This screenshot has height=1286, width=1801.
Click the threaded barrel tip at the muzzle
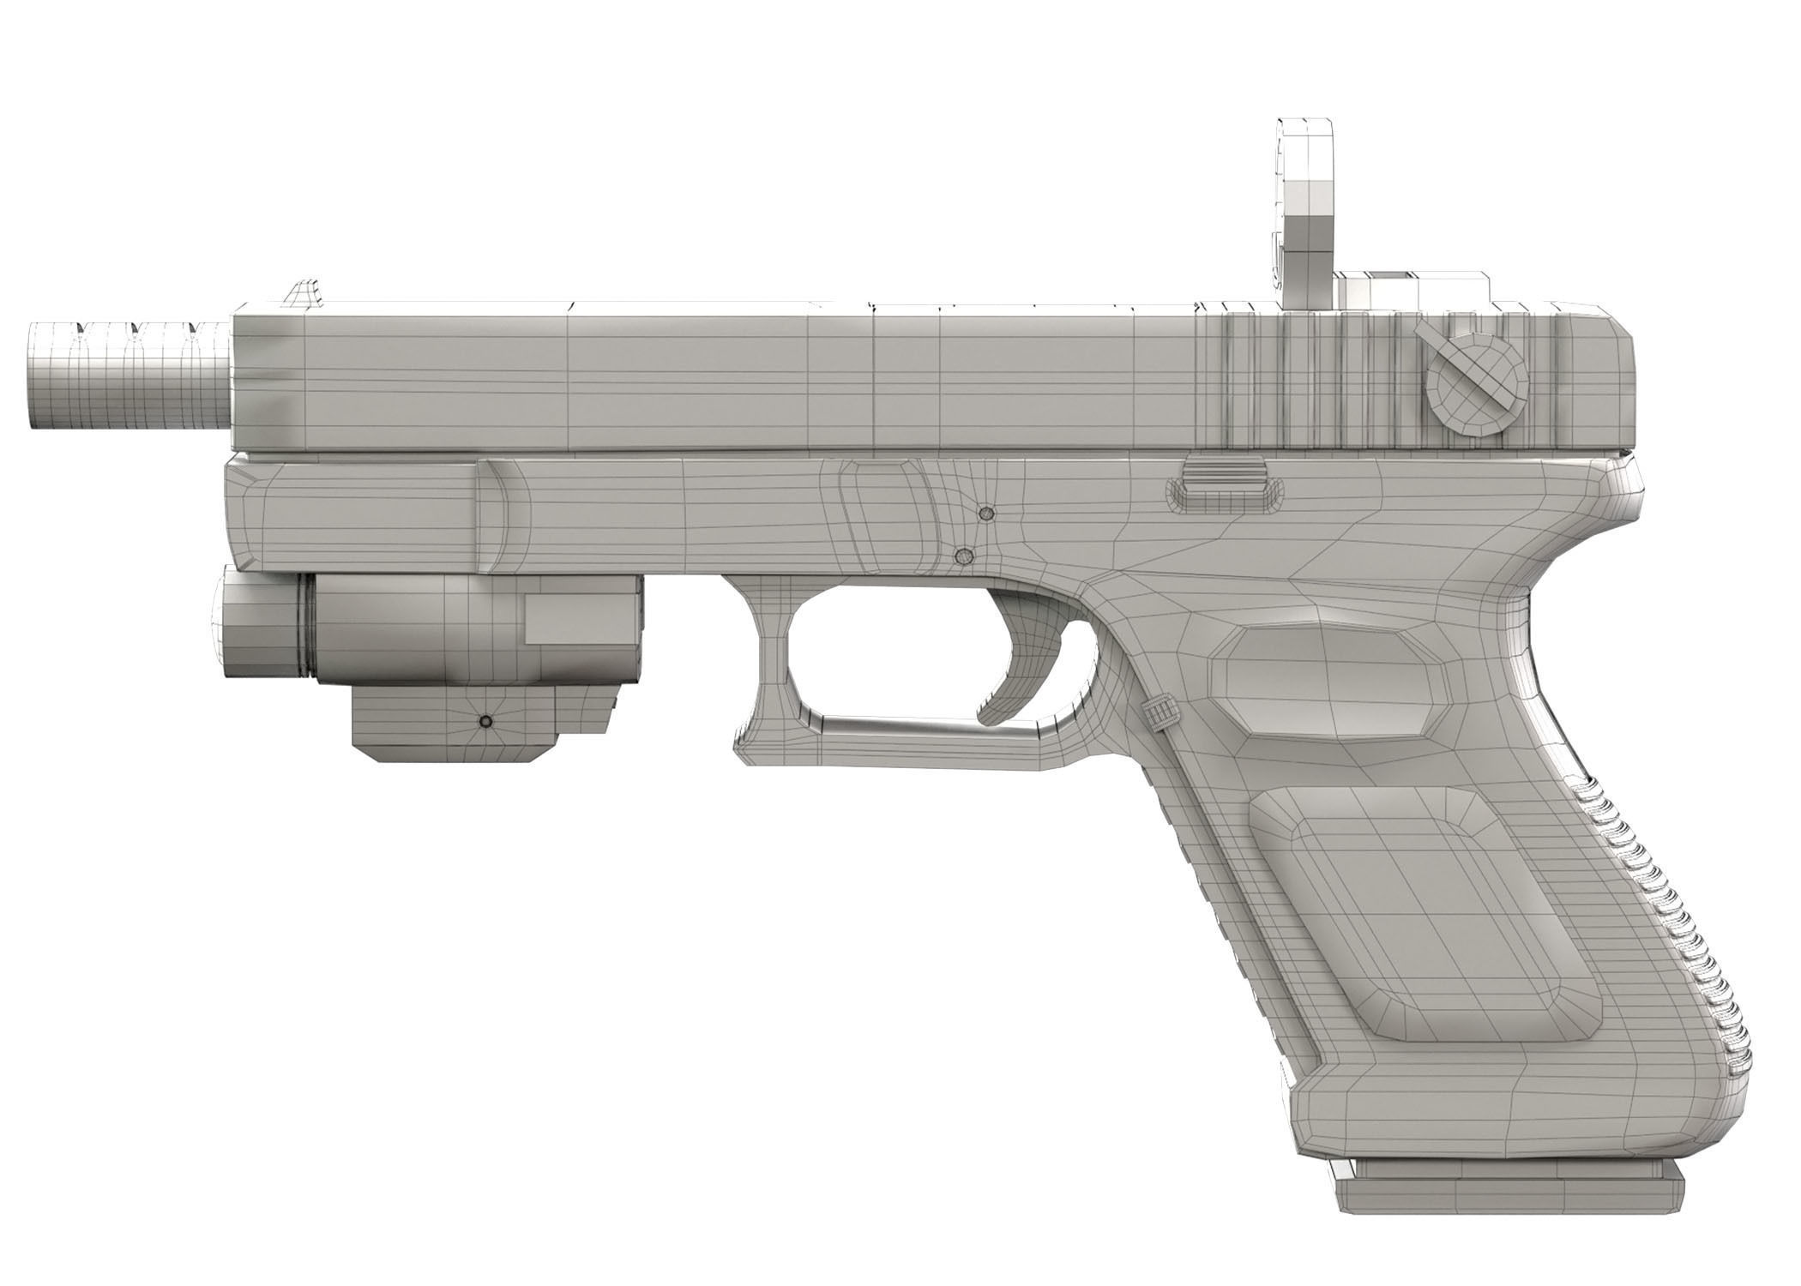129,374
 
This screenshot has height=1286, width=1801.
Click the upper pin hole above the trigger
987,514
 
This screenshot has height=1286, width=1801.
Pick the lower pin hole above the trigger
966,556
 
